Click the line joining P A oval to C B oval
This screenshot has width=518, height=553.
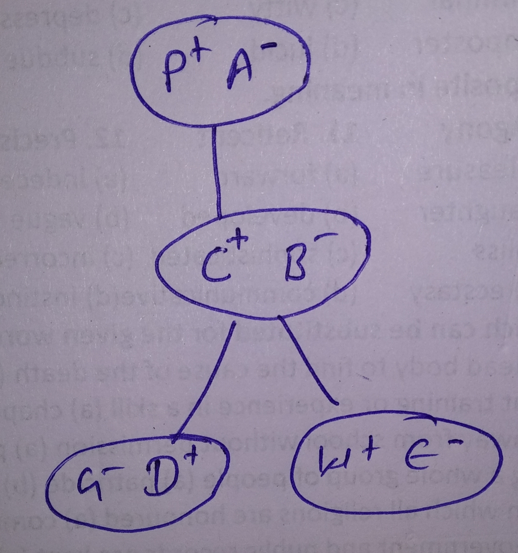216,172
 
